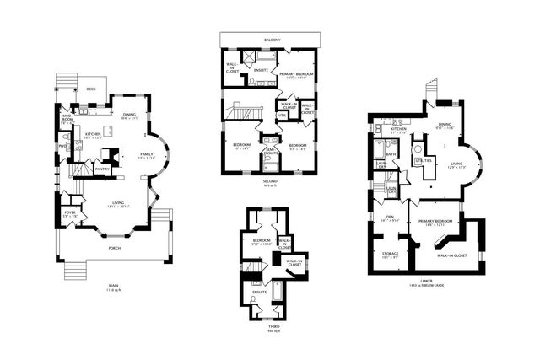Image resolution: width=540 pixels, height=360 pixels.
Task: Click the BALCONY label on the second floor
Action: click(270, 38)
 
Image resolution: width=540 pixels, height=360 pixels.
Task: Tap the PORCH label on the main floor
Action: click(114, 249)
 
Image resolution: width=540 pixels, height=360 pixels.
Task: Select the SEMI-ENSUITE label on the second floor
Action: click(271, 152)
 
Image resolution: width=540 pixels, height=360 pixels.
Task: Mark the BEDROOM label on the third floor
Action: click(261, 241)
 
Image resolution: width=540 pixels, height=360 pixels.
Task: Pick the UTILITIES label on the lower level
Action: click(424, 159)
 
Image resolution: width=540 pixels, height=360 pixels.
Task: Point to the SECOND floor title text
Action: click(270, 180)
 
